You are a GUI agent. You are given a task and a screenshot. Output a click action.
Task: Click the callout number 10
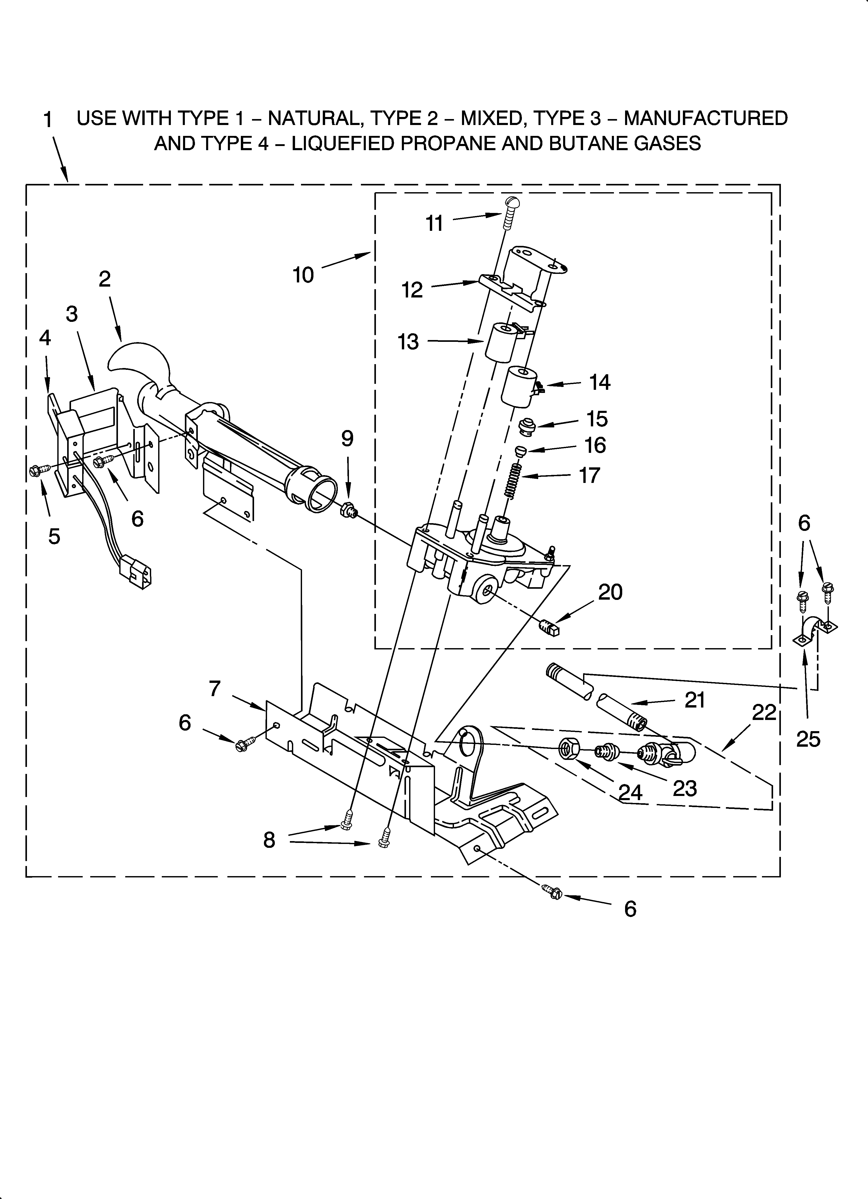coord(303,275)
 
